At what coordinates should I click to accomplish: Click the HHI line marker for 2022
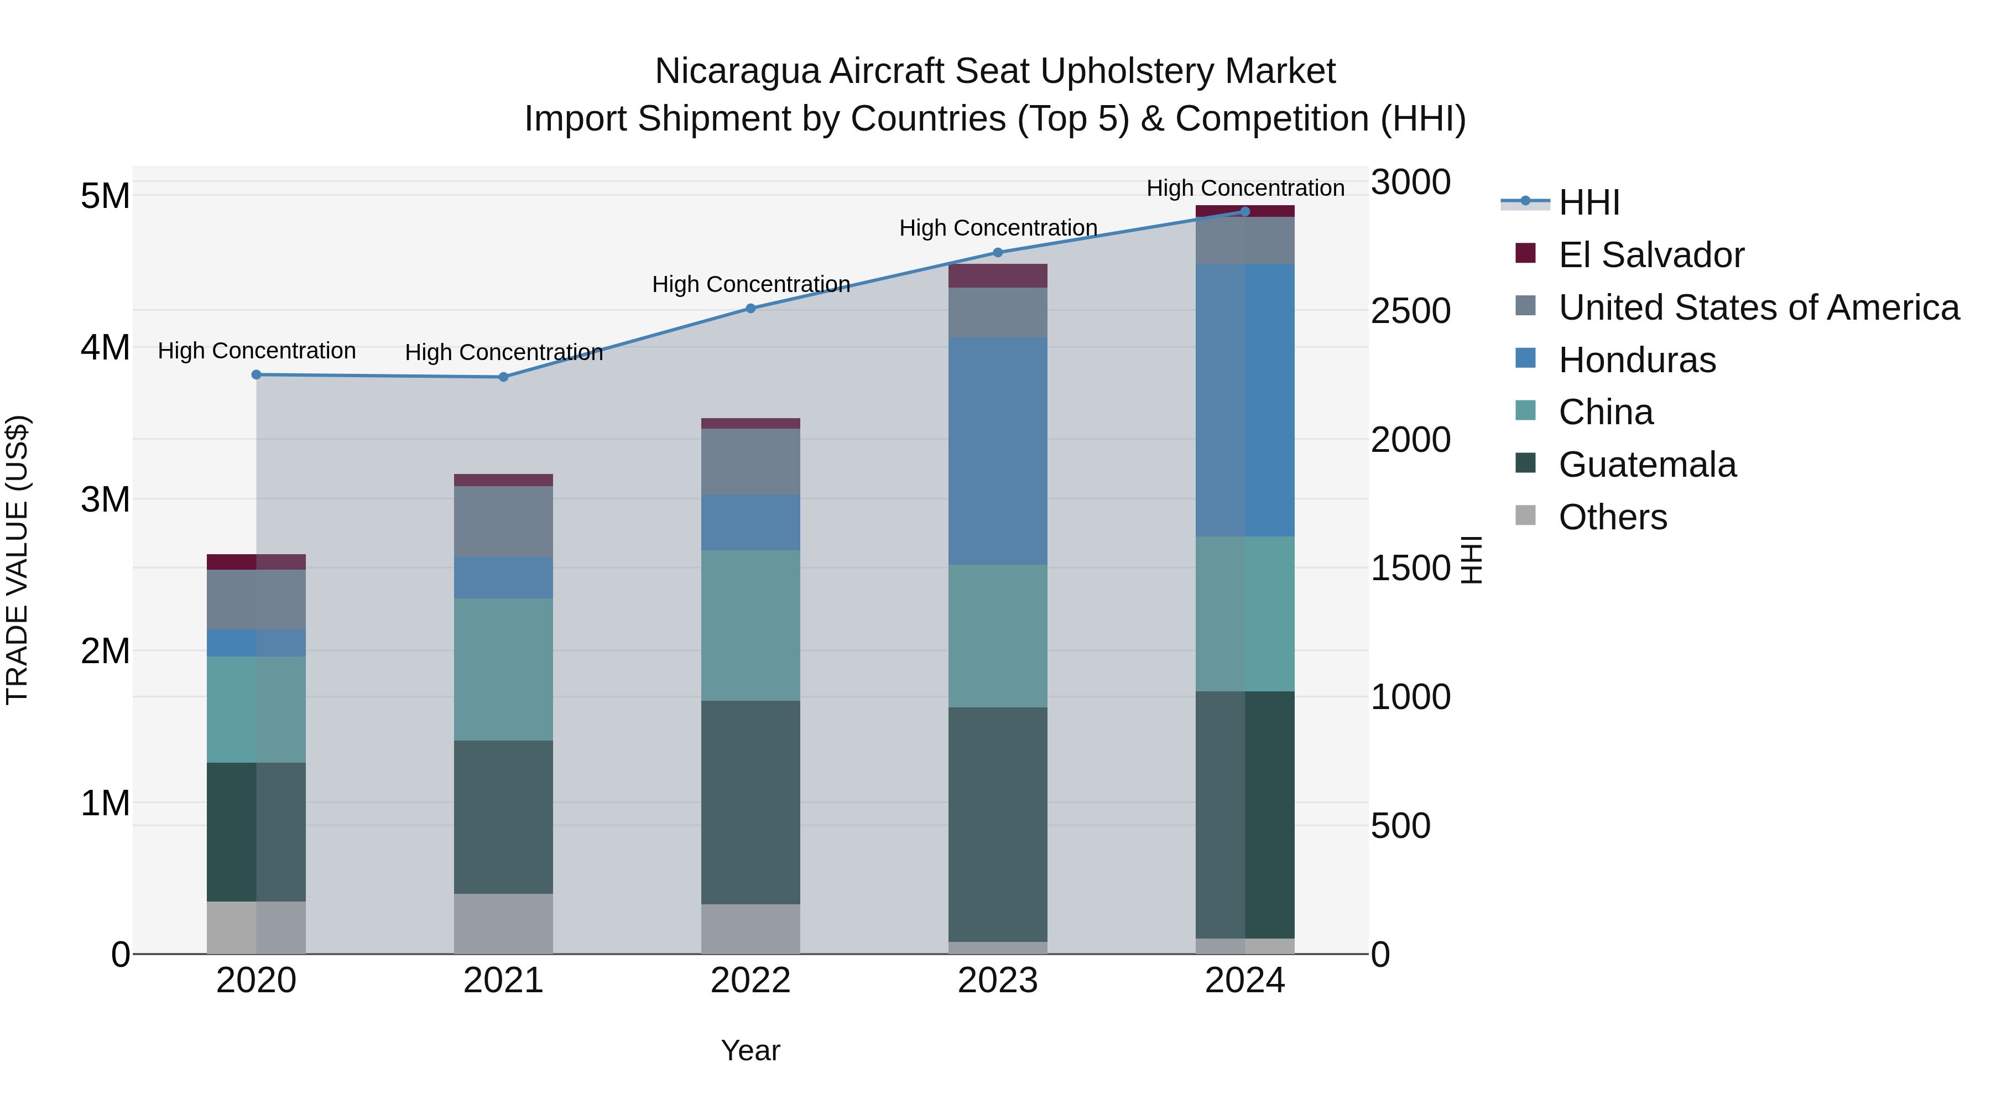click(750, 309)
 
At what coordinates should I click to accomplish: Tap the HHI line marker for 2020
click(257, 375)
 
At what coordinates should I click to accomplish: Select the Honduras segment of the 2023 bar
click(997, 451)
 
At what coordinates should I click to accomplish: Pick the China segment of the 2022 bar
click(750, 626)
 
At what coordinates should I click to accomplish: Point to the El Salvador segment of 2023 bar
click(997, 276)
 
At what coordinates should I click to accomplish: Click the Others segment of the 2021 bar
click(503, 924)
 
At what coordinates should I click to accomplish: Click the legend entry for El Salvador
click(1651, 255)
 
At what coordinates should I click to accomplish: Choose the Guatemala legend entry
click(1647, 465)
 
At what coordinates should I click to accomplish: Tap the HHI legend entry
click(1588, 202)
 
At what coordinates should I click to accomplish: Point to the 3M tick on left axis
click(105, 499)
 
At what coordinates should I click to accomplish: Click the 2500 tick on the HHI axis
click(1410, 311)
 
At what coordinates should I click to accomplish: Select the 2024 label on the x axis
click(1244, 981)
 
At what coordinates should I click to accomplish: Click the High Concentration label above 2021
click(503, 352)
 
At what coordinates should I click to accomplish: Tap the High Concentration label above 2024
click(1244, 188)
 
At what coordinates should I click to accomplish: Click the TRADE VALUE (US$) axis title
click(18, 560)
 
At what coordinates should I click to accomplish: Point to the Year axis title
click(750, 1050)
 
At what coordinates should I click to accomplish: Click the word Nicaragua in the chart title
click(737, 72)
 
